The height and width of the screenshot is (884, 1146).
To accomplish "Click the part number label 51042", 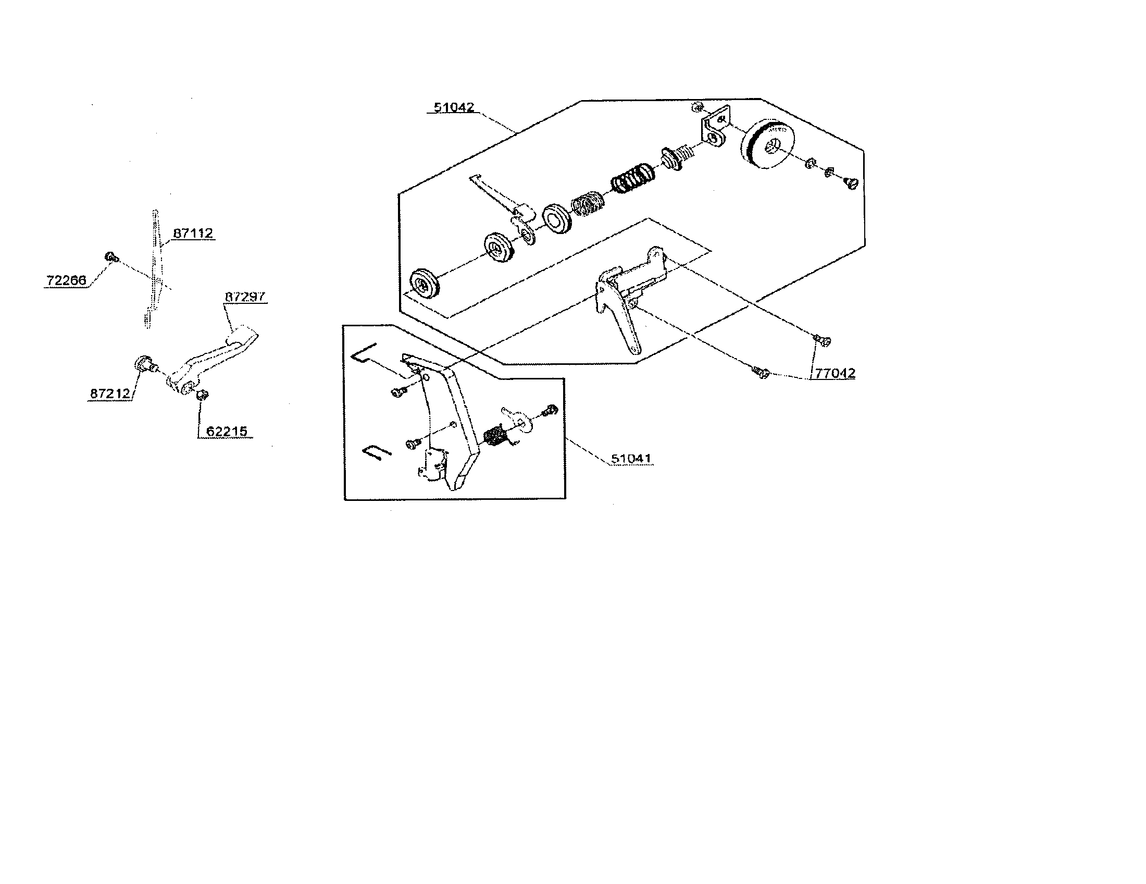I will point(454,107).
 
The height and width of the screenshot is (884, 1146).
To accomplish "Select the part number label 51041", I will point(631,458).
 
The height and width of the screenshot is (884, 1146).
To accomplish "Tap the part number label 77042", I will point(835,373).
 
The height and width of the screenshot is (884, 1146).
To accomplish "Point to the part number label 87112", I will point(193,233).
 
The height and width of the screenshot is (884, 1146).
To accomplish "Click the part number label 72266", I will point(66,280).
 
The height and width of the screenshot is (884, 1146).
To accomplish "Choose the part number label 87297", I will point(245,297).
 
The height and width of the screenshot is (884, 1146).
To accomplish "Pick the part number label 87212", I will point(110,393).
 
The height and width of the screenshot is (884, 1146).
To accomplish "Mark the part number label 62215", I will point(227,432).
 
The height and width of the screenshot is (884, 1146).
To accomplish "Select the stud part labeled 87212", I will point(143,363).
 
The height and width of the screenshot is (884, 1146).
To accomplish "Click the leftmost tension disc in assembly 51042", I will point(424,284).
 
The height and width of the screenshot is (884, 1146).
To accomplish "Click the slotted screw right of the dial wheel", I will point(850,183).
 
